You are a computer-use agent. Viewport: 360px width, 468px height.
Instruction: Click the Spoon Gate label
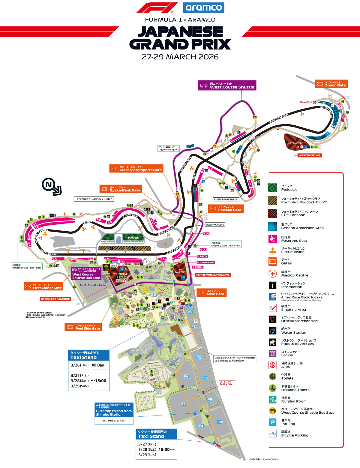pyautogui.click(x=331, y=84)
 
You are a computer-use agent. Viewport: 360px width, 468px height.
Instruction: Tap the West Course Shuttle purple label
pyautogui.click(x=227, y=85)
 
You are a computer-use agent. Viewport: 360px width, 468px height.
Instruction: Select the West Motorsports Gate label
pyautogui.click(x=136, y=169)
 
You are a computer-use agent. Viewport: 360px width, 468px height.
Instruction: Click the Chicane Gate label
pyautogui.click(x=226, y=209)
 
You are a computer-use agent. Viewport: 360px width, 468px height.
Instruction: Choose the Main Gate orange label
pyautogui.click(x=211, y=292)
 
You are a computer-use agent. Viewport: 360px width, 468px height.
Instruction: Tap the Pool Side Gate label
pyautogui.click(x=83, y=327)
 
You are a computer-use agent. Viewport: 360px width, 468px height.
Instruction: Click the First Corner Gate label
pyautogui.click(x=43, y=286)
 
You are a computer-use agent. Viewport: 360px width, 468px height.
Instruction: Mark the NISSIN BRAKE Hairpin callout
pyautogui.click(x=226, y=199)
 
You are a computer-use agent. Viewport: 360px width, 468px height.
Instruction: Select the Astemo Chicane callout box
pyautogui.click(x=215, y=225)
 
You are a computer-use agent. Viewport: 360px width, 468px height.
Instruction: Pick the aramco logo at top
pyautogui.click(x=204, y=7)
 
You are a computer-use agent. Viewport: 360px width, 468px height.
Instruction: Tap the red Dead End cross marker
pyautogui.click(x=314, y=102)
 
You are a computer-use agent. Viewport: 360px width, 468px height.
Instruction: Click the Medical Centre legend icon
pyautogui.click(x=272, y=274)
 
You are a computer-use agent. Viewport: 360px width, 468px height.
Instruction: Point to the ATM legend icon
pyautogui.click(x=272, y=365)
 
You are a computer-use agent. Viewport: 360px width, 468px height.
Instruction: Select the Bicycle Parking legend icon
pyautogui.click(x=272, y=433)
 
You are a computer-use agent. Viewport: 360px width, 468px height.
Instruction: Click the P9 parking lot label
pyautogui.click(x=220, y=422)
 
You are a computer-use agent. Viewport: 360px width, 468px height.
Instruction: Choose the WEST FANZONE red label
pyautogui.click(x=309, y=155)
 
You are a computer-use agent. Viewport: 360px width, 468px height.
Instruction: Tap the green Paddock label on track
pyautogui.click(x=133, y=238)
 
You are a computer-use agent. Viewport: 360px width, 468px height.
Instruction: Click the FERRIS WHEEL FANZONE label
pyautogui.click(x=213, y=275)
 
